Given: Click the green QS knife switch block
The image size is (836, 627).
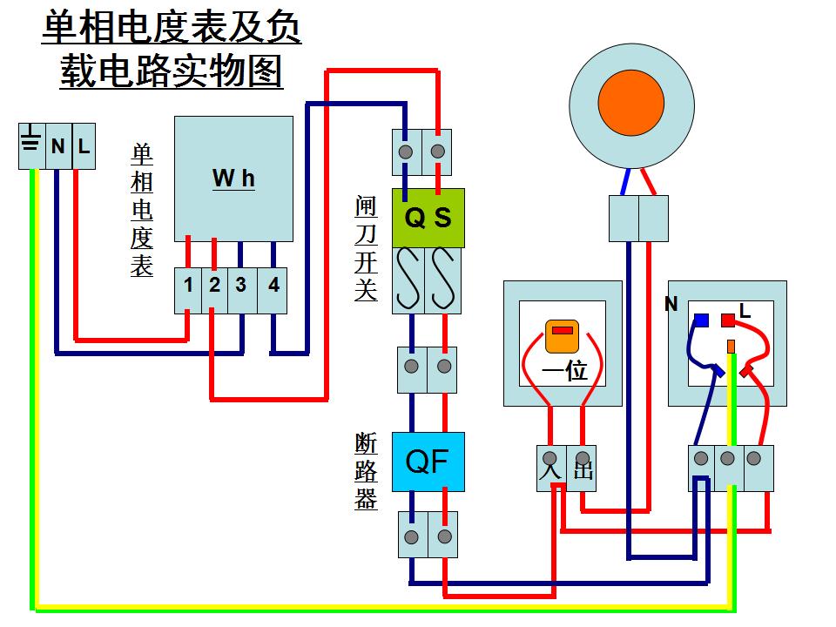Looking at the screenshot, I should point(428,218).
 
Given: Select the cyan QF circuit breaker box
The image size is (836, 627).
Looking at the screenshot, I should point(428,462).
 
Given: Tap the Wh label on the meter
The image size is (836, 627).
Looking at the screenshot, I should point(233,179).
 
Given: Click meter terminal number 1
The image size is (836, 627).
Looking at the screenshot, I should point(188,286).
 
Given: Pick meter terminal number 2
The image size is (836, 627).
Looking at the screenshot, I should point(214,286).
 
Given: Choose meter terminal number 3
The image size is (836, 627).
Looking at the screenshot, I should point(240,286).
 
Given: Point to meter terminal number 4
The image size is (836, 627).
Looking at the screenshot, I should point(273,286).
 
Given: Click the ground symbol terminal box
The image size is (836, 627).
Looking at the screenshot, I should point(31,145).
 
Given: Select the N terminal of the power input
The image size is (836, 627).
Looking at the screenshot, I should point(57,145).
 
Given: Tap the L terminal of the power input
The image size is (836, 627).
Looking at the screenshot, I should point(84,145).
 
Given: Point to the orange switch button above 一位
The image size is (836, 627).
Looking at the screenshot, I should point(562,336).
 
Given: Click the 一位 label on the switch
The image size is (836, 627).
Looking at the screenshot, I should point(564,372).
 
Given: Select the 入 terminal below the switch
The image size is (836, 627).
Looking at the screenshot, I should point(549,468).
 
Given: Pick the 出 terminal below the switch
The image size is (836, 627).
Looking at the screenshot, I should point(582,468).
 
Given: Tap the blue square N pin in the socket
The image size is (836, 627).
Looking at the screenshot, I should point(700,320).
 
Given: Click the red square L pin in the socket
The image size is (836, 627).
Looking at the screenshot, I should point(728,320).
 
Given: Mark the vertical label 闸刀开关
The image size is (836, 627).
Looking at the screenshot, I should point(366,248).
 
